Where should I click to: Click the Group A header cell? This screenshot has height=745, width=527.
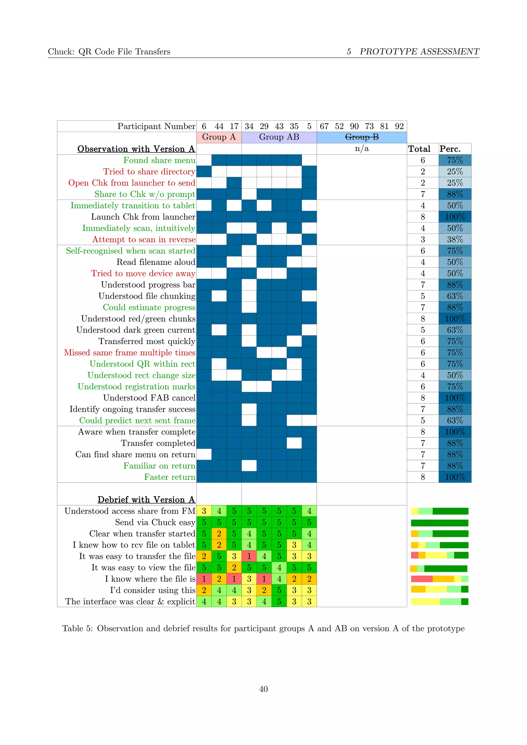pos(219,137)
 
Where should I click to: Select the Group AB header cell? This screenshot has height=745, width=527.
pos(279,137)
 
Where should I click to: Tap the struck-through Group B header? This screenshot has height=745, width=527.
pos(362,137)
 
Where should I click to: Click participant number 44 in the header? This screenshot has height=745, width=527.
pos(219,126)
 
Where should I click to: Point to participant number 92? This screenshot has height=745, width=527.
pos(399,126)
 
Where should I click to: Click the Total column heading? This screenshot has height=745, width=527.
pos(419,149)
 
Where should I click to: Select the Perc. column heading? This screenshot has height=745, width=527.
pos(450,149)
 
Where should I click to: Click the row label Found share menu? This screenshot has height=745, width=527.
pos(159,160)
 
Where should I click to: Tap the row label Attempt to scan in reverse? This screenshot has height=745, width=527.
pos(144,240)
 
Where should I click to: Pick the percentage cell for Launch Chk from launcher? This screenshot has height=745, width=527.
pos(455,217)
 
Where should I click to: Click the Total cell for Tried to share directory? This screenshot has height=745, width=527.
pos(423,172)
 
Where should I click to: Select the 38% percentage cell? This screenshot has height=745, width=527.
pos(455,240)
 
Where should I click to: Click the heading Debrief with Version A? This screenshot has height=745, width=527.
pos(146,499)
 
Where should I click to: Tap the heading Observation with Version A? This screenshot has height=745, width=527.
pos(136,149)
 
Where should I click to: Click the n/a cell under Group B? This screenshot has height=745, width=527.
pos(362,149)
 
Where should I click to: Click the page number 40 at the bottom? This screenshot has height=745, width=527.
pos(263,689)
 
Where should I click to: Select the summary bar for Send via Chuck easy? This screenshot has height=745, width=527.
pos(440,523)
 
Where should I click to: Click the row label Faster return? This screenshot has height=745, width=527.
pos(170,477)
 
